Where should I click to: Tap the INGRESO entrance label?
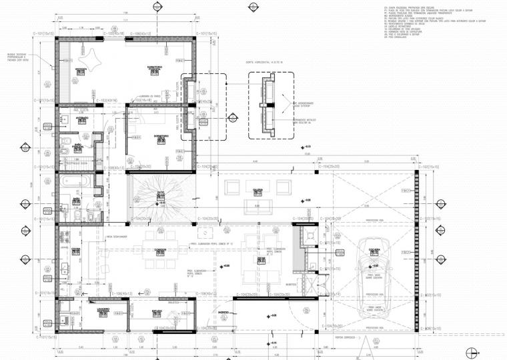coord(225,312)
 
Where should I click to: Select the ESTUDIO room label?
coord(157,311)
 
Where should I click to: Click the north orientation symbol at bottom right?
coord(472,351)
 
